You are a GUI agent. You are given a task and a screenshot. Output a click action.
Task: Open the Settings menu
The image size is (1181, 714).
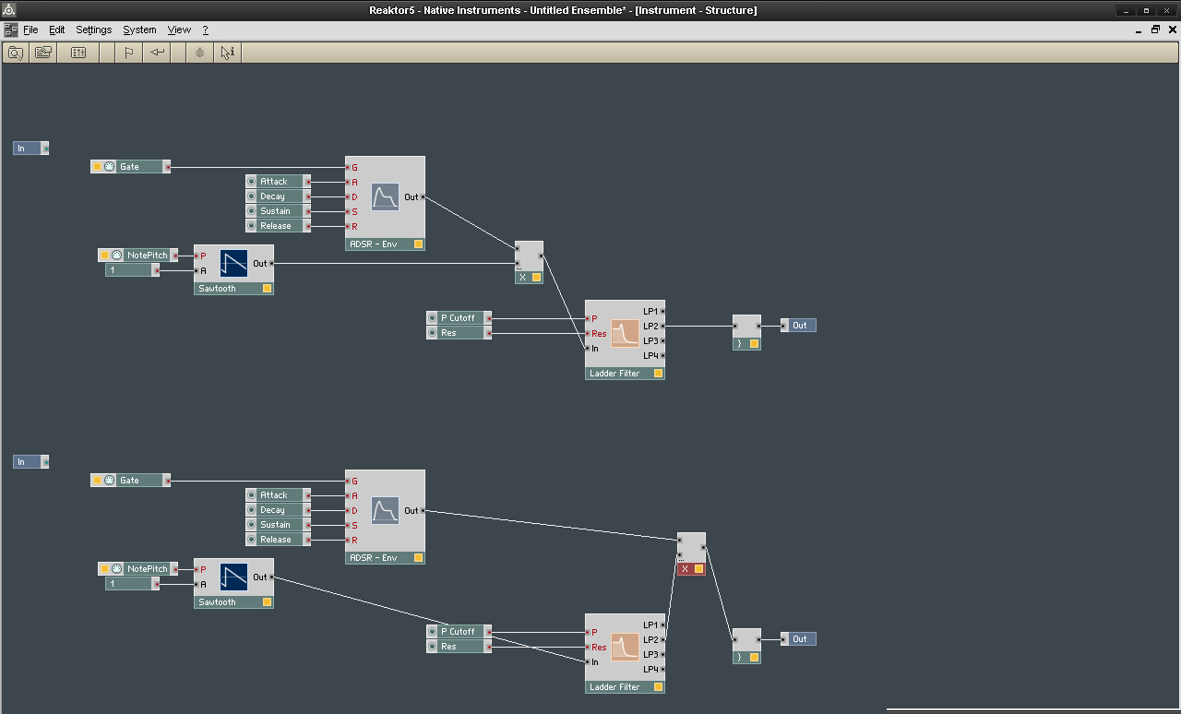[x=93, y=30]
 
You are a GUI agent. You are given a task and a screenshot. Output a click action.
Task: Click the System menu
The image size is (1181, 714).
[x=139, y=30]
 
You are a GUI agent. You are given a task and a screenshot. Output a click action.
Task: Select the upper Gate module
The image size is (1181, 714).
[x=130, y=167]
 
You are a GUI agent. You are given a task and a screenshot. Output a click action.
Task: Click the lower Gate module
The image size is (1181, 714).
[x=130, y=481]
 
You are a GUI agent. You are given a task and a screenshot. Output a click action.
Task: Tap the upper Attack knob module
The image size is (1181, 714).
[x=278, y=182]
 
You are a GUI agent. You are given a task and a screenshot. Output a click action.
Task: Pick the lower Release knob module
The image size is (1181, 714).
[x=278, y=540]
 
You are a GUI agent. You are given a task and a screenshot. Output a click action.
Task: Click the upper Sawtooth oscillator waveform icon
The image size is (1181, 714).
[x=233, y=263]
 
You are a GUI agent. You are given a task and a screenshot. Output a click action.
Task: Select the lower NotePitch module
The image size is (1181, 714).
[x=137, y=568]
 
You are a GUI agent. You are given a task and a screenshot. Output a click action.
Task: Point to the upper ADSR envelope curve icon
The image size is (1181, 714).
[x=385, y=196]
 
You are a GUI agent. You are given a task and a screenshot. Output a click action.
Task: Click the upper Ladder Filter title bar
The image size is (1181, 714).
[x=625, y=374]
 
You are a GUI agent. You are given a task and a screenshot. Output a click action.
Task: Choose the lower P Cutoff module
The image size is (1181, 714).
[x=459, y=631]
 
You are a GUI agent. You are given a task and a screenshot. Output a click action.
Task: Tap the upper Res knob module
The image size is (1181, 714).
[x=459, y=333]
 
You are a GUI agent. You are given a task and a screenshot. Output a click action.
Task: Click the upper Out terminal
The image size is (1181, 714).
[x=798, y=326]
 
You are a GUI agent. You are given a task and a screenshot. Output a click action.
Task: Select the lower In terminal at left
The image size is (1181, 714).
[x=30, y=462]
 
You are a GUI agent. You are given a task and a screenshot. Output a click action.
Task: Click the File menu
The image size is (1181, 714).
[x=30, y=30]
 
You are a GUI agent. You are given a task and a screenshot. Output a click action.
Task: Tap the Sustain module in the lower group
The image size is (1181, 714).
[x=278, y=525]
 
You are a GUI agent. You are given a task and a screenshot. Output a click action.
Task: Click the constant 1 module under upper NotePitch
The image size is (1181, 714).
[x=132, y=270]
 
